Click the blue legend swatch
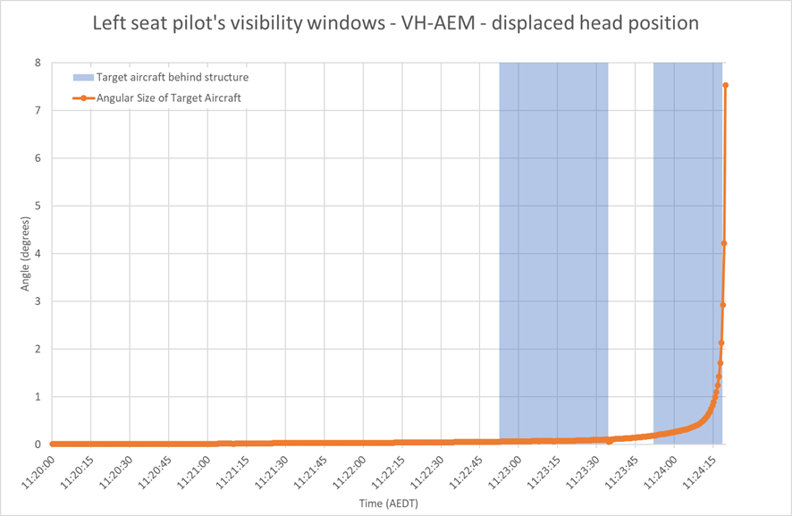[83, 77]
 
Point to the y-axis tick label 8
[38, 63]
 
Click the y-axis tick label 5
[38, 206]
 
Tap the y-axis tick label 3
[38, 301]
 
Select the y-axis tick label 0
[38, 444]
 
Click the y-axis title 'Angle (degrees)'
[25, 254]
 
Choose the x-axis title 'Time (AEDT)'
[389, 503]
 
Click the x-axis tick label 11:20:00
[38, 472]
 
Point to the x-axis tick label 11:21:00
[193, 472]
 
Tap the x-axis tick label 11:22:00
[349, 472]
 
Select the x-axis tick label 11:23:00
[504, 472]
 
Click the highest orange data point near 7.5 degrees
[726, 85]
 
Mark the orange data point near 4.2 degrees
[724, 243]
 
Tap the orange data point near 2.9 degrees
[723, 305]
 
